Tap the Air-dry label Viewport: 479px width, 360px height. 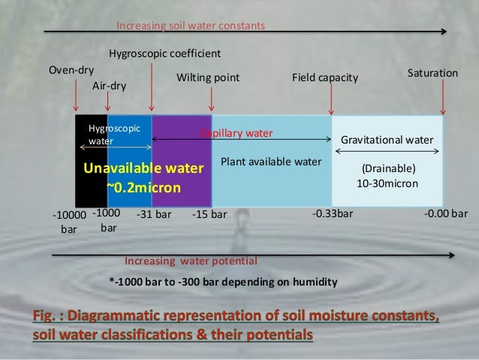[x=109, y=86]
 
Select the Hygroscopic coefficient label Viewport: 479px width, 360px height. [x=164, y=53]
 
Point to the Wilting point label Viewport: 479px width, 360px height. [x=208, y=77]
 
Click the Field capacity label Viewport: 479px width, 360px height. [x=324, y=77]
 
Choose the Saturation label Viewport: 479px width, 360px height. [x=432, y=73]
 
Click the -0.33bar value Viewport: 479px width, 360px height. [x=332, y=213]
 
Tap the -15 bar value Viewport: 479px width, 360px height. [x=209, y=214]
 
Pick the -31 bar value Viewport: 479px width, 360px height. [x=154, y=214]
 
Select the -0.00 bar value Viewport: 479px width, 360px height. [x=446, y=213]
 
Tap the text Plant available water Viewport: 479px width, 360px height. [x=270, y=162]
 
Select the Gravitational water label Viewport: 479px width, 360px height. [x=387, y=141]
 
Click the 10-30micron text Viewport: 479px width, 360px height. [x=387, y=183]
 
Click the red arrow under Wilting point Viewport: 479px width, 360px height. [x=212, y=101]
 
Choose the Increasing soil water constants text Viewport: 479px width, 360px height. [x=191, y=26]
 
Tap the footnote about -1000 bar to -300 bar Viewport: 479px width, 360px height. [x=223, y=282]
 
